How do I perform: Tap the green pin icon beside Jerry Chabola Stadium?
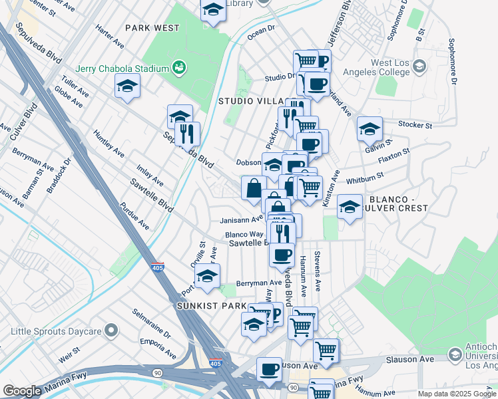click(178, 67)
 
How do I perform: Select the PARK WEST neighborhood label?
click(152, 28)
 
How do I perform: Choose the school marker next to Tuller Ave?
click(127, 86)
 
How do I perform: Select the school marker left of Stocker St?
click(370, 128)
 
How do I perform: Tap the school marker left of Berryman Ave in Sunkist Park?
click(207, 275)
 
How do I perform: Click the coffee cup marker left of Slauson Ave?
click(269, 368)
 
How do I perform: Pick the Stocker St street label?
click(415, 124)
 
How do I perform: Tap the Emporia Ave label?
click(157, 348)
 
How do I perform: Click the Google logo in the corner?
click(22, 391)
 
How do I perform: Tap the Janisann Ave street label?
click(242, 220)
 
